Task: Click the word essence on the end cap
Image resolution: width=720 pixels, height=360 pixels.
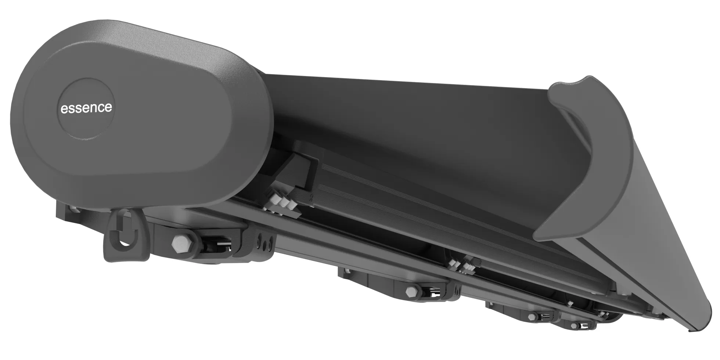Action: (86, 108)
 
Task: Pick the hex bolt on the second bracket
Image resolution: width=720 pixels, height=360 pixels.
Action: (411, 292)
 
